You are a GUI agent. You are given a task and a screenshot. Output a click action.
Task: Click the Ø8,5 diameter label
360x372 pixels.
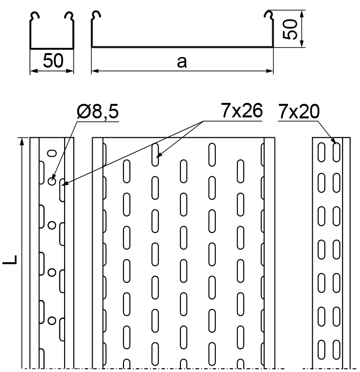[97, 112]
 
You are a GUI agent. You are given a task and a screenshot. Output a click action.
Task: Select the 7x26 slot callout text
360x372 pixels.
[241, 111]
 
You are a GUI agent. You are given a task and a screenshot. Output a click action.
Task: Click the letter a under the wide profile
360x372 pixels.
[182, 62]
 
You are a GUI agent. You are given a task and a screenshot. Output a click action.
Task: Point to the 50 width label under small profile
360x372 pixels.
[53, 60]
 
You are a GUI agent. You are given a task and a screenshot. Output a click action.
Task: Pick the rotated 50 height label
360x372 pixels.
[290, 29]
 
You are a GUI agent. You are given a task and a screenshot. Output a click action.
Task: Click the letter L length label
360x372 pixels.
[10, 259]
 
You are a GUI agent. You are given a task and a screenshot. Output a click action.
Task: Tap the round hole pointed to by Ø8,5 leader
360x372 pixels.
[52, 182]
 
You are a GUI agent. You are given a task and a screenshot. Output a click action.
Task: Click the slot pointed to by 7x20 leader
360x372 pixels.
[336, 152]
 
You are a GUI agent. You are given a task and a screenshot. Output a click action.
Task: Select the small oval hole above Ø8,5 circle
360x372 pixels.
[52, 153]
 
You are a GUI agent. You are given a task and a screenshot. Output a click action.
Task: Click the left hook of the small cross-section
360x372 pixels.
[35, 16]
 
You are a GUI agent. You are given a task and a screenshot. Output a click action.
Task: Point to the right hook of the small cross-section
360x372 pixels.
[69, 16]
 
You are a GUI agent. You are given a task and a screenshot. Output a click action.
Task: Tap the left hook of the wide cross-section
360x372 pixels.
[96, 15]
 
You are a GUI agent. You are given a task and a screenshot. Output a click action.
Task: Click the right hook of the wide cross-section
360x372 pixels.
[269, 15]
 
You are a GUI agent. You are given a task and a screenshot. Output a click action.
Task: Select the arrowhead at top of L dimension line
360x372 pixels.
[22, 142]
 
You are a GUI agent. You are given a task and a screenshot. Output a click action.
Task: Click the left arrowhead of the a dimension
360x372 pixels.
[95, 71]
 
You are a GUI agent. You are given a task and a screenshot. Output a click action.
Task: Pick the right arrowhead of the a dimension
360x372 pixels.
[270, 71]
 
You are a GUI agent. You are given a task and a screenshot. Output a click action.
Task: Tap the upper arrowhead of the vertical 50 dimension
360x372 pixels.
[302, 14]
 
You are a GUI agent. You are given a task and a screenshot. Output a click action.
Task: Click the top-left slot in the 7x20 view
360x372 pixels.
[321, 152]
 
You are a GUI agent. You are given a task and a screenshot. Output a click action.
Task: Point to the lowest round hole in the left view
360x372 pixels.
[52, 321]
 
